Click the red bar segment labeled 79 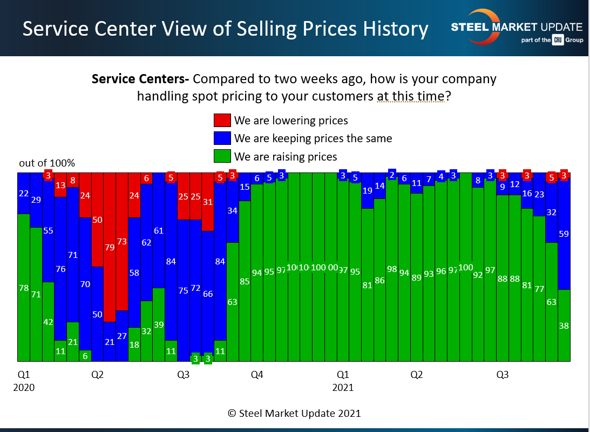110,247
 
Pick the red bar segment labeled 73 122,242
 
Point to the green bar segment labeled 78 23,288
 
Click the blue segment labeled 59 564,234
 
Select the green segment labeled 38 564,326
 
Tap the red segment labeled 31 208,202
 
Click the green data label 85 245,281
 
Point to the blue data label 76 60,269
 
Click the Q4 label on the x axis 257,375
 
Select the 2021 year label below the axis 343,388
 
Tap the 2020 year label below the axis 23,388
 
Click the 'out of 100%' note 47,163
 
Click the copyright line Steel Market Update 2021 294,414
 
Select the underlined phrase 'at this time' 410,96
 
